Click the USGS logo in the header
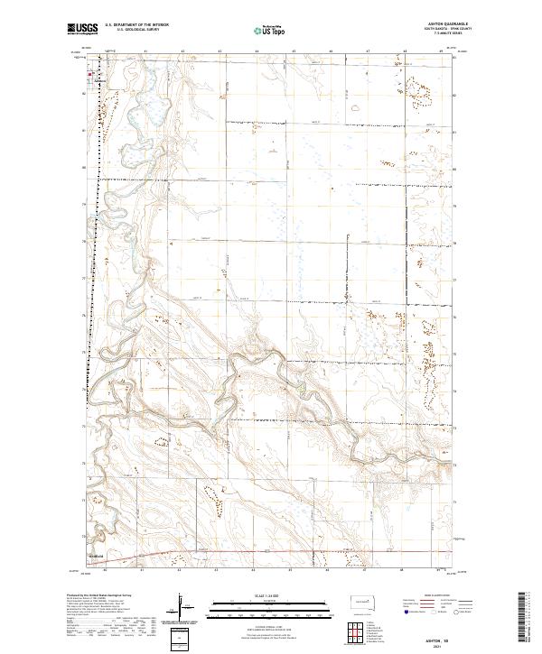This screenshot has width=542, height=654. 80,30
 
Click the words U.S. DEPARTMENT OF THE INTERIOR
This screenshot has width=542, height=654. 136,24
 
